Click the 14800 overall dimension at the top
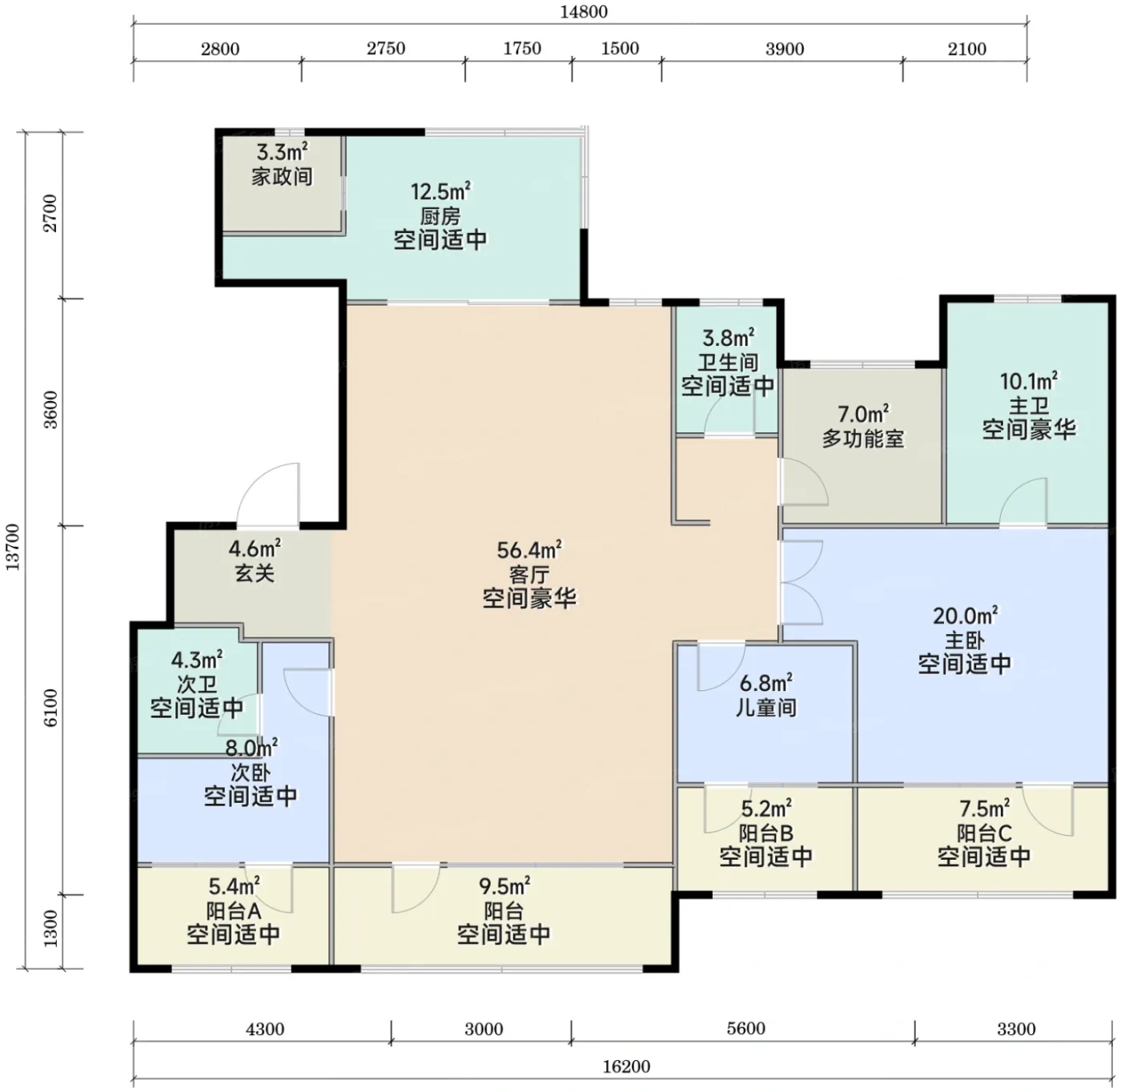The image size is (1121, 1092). pos(584,12)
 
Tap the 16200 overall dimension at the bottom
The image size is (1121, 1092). pos(626,1066)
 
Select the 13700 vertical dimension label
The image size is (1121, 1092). pos(14,547)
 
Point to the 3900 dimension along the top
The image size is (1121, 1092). pos(785,49)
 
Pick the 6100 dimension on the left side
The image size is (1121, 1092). pos(51,707)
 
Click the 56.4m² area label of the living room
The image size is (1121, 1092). pos(529,550)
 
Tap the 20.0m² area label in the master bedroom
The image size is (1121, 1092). pos(966,616)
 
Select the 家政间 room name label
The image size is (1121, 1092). pos(283,177)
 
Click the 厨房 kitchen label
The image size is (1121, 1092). pos(440,216)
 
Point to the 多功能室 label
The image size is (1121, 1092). pos(863,439)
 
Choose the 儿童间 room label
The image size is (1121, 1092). pos(766,707)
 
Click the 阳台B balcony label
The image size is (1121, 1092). pos(766,833)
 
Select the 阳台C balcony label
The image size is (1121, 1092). pos(984,833)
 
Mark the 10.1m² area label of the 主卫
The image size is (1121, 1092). pos(1029,381)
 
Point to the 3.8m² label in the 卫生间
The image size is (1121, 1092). pos(729,338)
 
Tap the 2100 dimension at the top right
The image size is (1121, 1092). pos(967,49)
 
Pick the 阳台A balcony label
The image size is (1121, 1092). pos(234,911)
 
